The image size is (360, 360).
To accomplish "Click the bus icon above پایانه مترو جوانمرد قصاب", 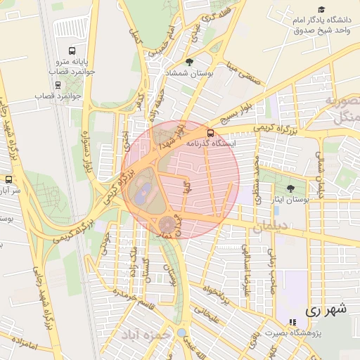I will click(x=72, y=51).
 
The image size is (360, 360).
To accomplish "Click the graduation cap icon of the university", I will click(x=321, y=10).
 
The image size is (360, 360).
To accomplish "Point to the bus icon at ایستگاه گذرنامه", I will click(x=210, y=131).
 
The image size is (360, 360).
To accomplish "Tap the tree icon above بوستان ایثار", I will click(x=290, y=189).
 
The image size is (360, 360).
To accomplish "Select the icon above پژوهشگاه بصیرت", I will click(x=292, y=322).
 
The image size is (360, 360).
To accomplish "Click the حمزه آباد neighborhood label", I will click(x=146, y=335).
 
